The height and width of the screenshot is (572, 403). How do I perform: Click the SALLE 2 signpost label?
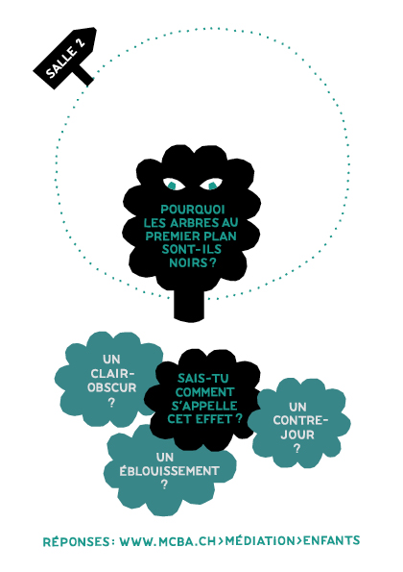click(65, 58)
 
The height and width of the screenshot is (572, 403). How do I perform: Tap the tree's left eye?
click(174, 184)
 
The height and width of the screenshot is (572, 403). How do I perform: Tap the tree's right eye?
click(211, 184)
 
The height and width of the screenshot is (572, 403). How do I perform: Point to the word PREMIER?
click(171, 236)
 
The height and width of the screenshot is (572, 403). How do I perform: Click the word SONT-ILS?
click(192, 249)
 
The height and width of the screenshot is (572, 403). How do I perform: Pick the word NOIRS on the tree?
click(188, 262)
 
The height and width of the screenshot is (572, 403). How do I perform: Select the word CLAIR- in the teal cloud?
click(112, 374)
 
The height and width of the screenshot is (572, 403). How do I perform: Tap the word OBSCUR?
click(111, 387)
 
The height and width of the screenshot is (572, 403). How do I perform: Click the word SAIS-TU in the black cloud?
click(202, 378)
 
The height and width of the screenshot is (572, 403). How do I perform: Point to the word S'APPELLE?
click(203, 406)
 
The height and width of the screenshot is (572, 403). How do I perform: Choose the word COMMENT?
click(204, 392)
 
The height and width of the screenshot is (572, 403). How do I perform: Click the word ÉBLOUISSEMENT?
click(169, 471)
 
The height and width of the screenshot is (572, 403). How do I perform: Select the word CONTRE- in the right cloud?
click(300, 421)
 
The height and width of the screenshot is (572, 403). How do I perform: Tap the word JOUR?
click(297, 435)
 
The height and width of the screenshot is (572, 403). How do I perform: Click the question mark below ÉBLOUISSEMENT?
click(164, 485)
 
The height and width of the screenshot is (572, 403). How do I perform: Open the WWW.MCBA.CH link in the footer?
click(168, 541)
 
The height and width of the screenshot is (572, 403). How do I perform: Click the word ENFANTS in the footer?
click(332, 540)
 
